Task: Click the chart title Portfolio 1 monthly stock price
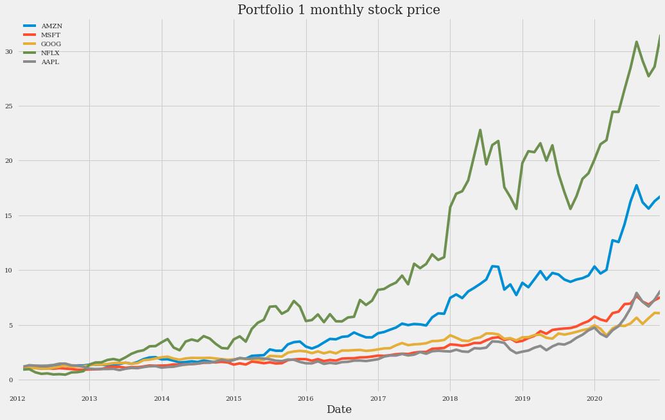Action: (338, 10)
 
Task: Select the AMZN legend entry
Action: (51, 26)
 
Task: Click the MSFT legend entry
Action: (51, 35)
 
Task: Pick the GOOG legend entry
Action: (51, 44)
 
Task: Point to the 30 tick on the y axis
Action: (10, 51)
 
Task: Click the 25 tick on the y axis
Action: (10, 106)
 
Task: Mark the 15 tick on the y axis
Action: (10, 215)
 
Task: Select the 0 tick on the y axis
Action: (12, 380)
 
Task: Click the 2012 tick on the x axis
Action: (17, 398)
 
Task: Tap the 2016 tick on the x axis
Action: (306, 398)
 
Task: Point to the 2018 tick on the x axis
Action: (450, 398)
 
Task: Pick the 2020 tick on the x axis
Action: (594, 398)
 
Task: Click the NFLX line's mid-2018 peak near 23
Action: (480, 130)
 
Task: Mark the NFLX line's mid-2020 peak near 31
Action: (636, 42)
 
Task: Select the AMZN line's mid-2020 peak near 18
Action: (636, 185)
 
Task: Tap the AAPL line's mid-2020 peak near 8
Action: (636, 294)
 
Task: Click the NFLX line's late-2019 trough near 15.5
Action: (570, 208)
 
